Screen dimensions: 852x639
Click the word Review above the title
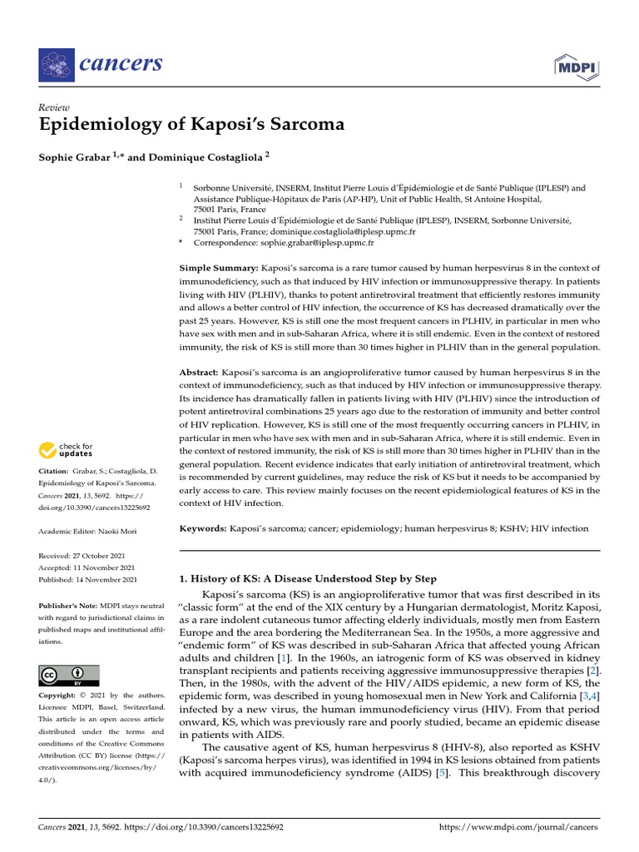pyautogui.click(x=54, y=107)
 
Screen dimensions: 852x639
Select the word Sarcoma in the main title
pyautogui.click(x=300, y=126)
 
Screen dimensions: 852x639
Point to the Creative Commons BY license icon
pyautogui.click(x=69, y=675)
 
